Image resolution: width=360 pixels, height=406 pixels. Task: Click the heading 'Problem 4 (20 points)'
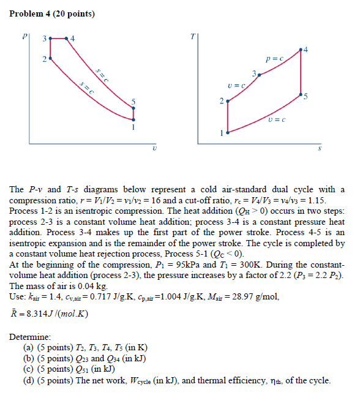[x=48, y=13]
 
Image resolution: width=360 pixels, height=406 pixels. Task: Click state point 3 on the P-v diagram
[x=50, y=39]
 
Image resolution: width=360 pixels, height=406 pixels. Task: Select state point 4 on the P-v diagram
[x=67, y=39]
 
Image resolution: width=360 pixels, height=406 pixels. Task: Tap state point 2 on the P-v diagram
[x=50, y=59]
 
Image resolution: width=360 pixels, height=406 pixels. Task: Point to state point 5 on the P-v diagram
[x=133, y=108]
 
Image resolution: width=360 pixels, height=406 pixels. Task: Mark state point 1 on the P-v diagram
[x=133, y=119]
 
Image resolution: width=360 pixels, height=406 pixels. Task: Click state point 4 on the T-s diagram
[x=301, y=49]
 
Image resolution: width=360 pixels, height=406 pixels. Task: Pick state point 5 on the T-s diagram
[x=301, y=95]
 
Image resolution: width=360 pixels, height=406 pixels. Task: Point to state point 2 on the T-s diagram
[x=228, y=102]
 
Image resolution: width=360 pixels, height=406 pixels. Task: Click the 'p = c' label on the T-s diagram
[x=274, y=59]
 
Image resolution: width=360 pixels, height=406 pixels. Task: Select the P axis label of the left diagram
[x=25, y=36]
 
